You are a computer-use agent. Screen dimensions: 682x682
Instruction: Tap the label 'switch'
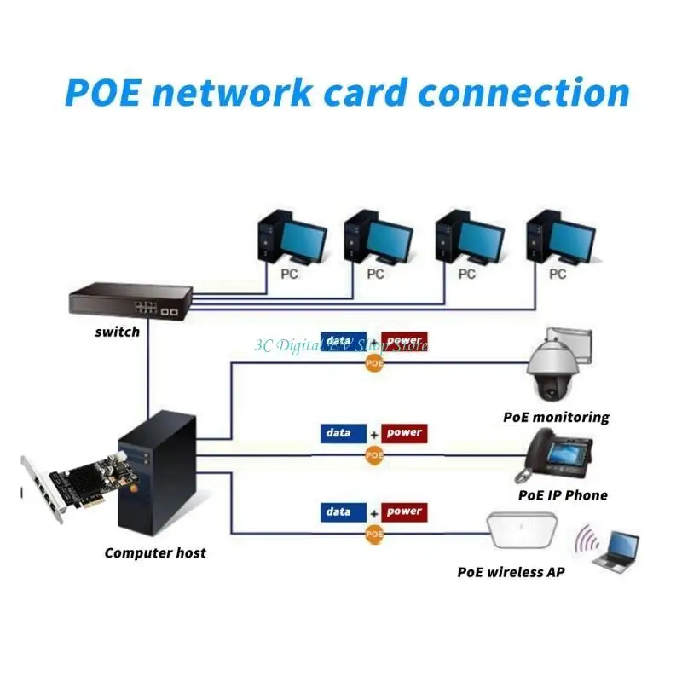117,332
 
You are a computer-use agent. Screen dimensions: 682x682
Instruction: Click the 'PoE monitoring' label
556,417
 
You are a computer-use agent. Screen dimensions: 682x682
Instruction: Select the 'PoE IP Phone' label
563,494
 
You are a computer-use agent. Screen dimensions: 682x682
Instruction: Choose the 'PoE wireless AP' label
511,571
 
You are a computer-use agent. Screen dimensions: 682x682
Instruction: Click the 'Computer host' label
155,552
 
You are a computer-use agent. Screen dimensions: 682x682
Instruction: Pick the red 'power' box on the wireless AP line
404,512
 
